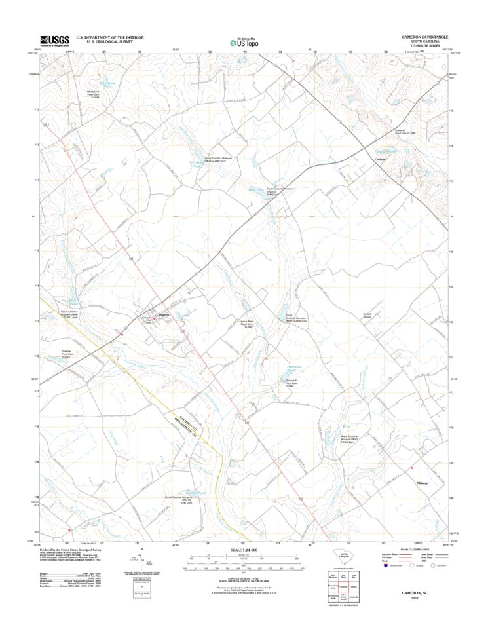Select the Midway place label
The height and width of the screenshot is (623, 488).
(422, 483)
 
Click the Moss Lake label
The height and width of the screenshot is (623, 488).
(255, 191)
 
